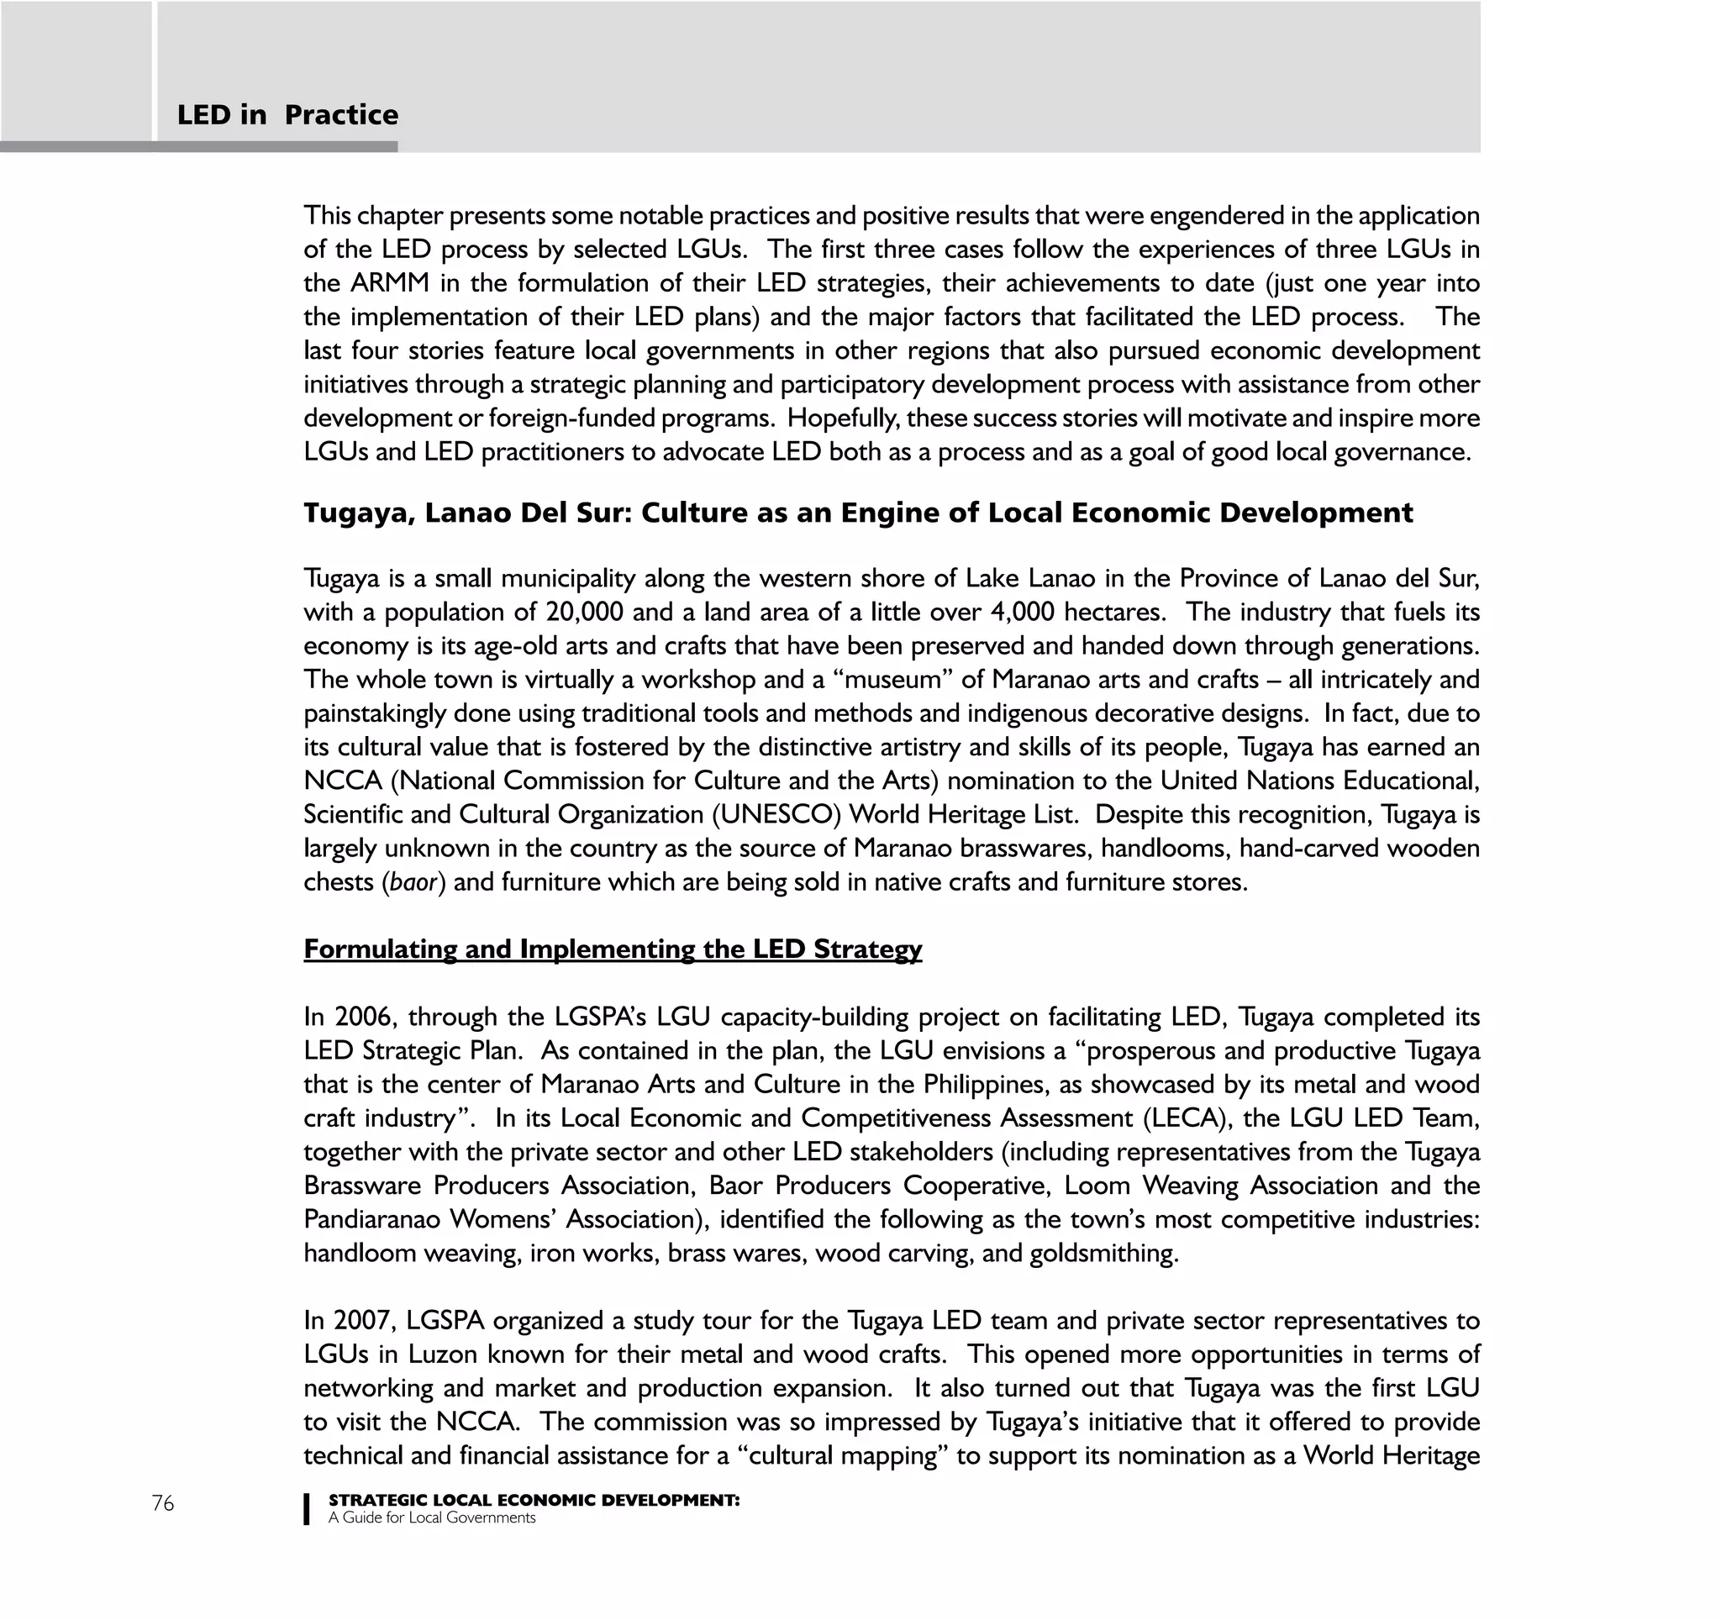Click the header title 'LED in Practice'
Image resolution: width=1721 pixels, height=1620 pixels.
click(x=287, y=115)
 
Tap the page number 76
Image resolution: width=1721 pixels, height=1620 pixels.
click(x=163, y=1503)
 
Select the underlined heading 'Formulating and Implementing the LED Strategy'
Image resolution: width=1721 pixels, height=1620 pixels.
click(x=612, y=949)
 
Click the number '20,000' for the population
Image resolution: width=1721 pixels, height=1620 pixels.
click(x=584, y=612)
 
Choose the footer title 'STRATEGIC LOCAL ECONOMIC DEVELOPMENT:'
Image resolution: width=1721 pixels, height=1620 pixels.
click(x=534, y=1500)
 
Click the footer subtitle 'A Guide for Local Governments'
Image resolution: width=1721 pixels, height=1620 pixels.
click(x=431, y=1517)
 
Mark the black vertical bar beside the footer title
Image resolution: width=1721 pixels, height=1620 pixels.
click(x=307, y=1508)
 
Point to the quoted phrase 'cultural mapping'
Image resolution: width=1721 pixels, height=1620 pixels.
click(x=847, y=1455)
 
